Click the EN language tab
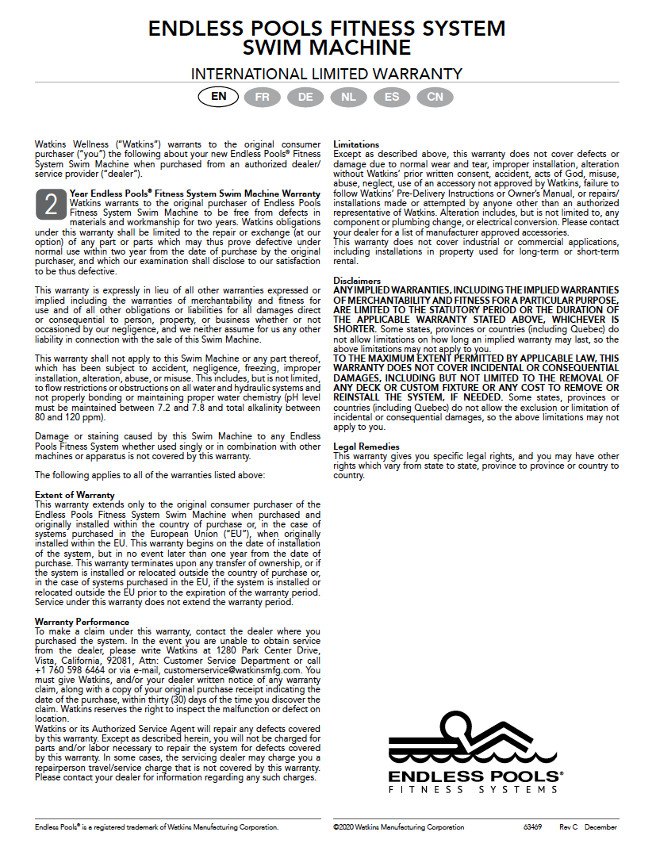tap(219, 97)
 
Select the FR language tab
tap(262, 97)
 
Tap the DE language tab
tap(305, 97)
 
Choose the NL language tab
tap(348, 97)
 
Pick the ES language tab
tap(392, 97)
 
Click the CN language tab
tap(435, 97)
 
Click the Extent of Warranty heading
tap(75, 495)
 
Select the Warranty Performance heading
tap(82, 622)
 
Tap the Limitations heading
tap(356, 144)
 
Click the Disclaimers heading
tap(357, 281)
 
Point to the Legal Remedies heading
tap(366, 447)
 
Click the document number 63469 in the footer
tap(532, 827)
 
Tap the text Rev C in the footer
tap(569, 827)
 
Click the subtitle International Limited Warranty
tap(327, 75)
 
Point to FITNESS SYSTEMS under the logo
tap(473, 789)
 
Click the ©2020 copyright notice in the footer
tap(398, 827)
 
